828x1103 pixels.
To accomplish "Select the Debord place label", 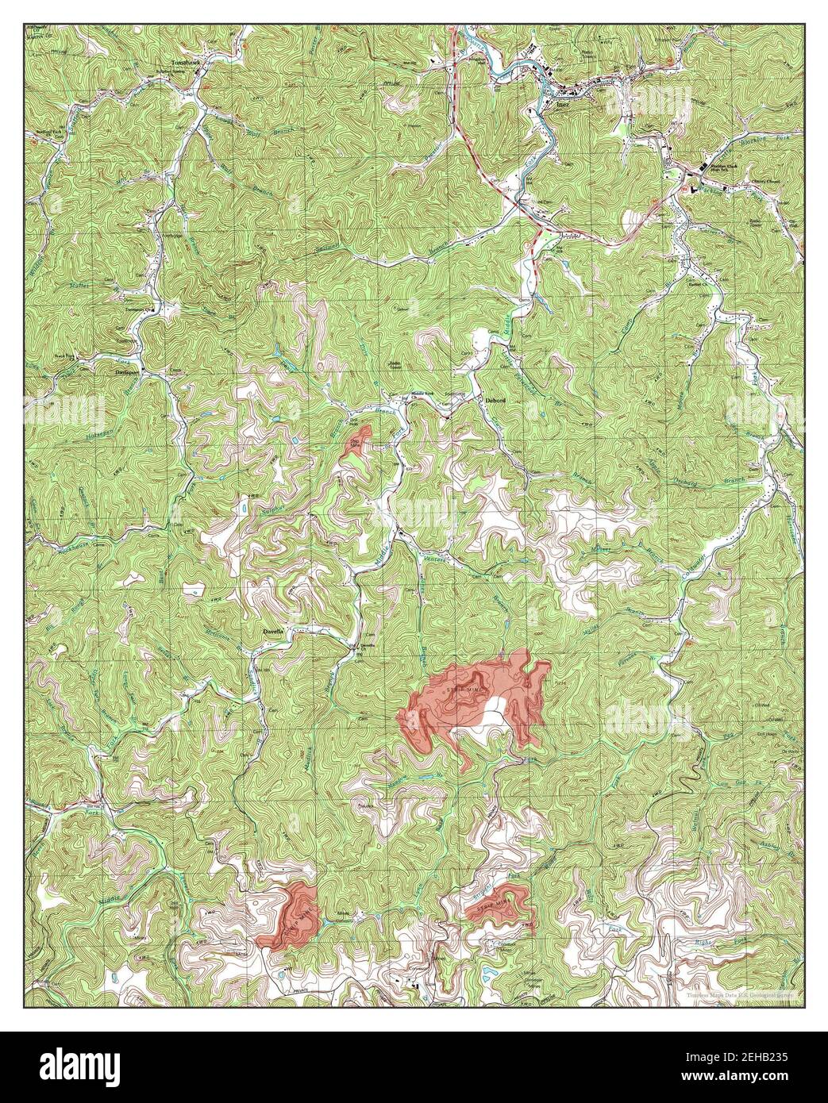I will point(495,402).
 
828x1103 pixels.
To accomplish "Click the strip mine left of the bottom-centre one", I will point(291,913).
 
